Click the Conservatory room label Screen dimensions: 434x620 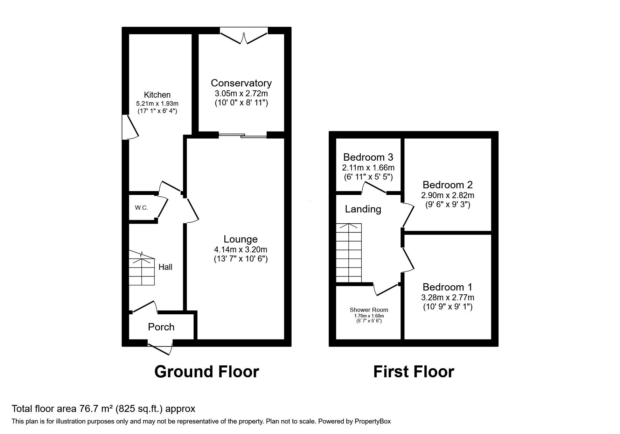pyautogui.click(x=241, y=83)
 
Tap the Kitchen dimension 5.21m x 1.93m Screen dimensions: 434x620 pyautogui.click(x=157, y=104)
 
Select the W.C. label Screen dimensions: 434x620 pyautogui.click(x=141, y=208)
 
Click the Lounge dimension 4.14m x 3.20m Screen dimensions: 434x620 pyautogui.click(x=241, y=250)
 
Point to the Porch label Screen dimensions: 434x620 pyautogui.click(x=161, y=327)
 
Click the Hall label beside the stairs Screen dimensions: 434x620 pyautogui.click(x=165, y=267)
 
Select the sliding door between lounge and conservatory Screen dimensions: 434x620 pyautogui.click(x=243, y=135)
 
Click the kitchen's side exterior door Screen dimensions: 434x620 pyautogui.click(x=130, y=127)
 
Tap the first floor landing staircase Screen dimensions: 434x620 pyautogui.click(x=349, y=253)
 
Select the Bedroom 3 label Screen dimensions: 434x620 pyautogui.click(x=368, y=157)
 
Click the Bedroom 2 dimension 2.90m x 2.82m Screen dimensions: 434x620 pyautogui.click(x=447, y=195)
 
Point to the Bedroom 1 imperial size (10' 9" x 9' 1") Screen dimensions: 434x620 pyautogui.click(x=447, y=307)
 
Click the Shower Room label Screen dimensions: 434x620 pyautogui.click(x=369, y=310)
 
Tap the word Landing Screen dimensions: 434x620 pyautogui.click(x=363, y=209)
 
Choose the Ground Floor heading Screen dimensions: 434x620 pyautogui.click(x=207, y=371)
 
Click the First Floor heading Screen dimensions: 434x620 pyautogui.click(x=413, y=371)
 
